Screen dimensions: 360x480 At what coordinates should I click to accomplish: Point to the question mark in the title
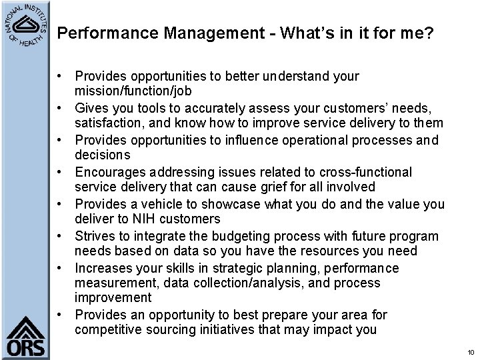coord(429,33)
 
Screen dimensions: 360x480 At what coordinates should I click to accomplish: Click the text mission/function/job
coord(125,91)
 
